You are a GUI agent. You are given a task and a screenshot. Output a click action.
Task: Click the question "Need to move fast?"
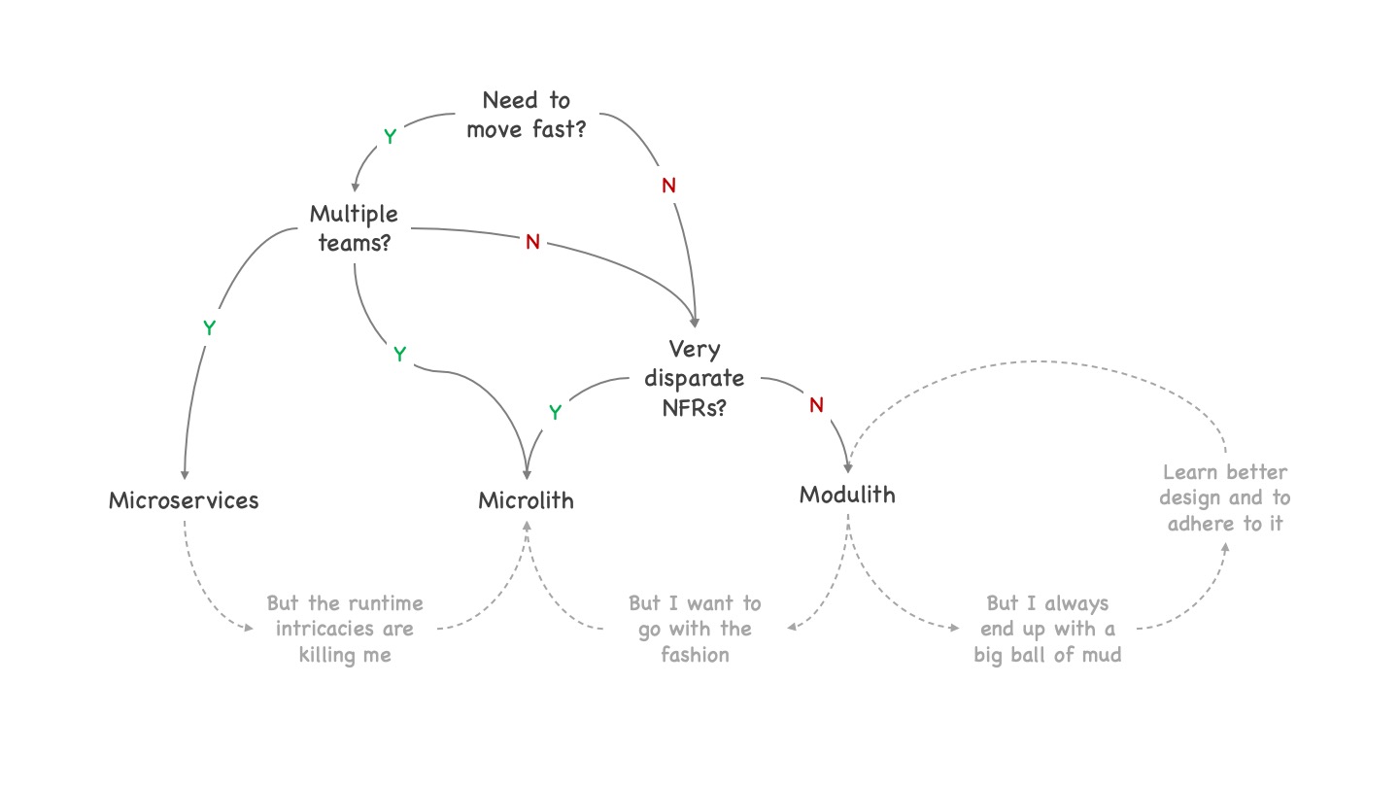(x=526, y=115)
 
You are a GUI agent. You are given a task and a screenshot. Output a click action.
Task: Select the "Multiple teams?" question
(x=354, y=227)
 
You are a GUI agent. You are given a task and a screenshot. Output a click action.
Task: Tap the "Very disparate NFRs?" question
(x=695, y=378)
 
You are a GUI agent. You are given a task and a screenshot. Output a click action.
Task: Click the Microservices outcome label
(x=184, y=500)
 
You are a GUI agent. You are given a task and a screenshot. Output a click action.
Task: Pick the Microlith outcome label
(x=526, y=500)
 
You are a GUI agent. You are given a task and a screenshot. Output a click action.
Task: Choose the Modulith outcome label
(x=847, y=495)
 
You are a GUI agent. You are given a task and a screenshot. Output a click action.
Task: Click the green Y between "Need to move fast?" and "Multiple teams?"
(x=390, y=137)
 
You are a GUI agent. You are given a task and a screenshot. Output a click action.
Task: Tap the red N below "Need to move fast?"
(x=668, y=186)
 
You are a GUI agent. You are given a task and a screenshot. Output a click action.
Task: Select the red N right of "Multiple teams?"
(x=532, y=242)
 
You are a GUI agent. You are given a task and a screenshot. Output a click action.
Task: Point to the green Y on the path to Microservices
(x=209, y=328)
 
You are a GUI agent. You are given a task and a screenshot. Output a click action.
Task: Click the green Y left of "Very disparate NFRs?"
(x=555, y=412)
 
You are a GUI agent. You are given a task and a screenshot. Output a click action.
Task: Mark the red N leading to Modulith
(x=816, y=405)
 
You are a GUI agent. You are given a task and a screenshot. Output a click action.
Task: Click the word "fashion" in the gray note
(x=695, y=655)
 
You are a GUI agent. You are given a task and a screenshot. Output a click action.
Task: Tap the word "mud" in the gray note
(x=1102, y=655)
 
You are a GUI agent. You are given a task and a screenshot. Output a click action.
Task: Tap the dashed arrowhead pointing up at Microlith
(x=528, y=526)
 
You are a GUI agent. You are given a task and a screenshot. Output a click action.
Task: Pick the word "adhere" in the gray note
(x=1200, y=524)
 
